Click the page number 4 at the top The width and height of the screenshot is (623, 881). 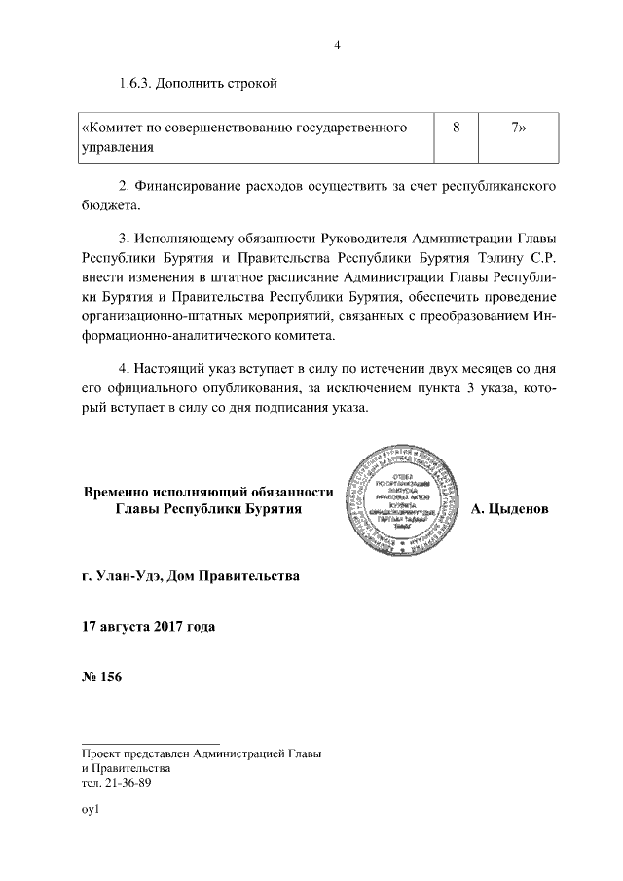point(337,44)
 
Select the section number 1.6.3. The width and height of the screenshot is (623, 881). point(139,85)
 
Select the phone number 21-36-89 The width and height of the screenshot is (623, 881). point(128,782)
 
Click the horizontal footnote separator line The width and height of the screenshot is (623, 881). point(151,742)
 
